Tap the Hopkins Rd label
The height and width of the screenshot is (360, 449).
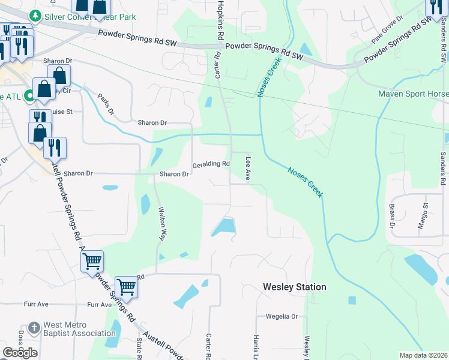[221, 20]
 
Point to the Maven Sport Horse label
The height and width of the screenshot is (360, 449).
[413, 94]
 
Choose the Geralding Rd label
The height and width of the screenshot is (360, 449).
[211, 164]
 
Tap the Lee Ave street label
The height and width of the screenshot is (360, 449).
[247, 167]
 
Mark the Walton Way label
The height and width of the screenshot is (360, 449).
[161, 223]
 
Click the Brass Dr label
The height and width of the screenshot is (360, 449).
[391, 216]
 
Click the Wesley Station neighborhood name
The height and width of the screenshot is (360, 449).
[295, 287]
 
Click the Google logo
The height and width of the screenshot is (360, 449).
[20, 352]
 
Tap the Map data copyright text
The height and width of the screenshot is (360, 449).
[423, 355]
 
